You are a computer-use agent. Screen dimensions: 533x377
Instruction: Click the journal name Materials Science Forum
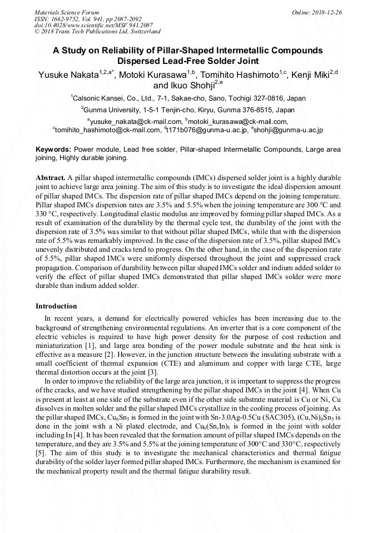(x=67, y=12)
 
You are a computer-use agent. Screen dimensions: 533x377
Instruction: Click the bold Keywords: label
(x=53, y=150)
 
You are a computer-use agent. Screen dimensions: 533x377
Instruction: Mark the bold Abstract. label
(x=50, y=177)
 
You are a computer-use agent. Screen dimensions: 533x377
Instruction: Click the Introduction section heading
(x=56, y=306)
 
